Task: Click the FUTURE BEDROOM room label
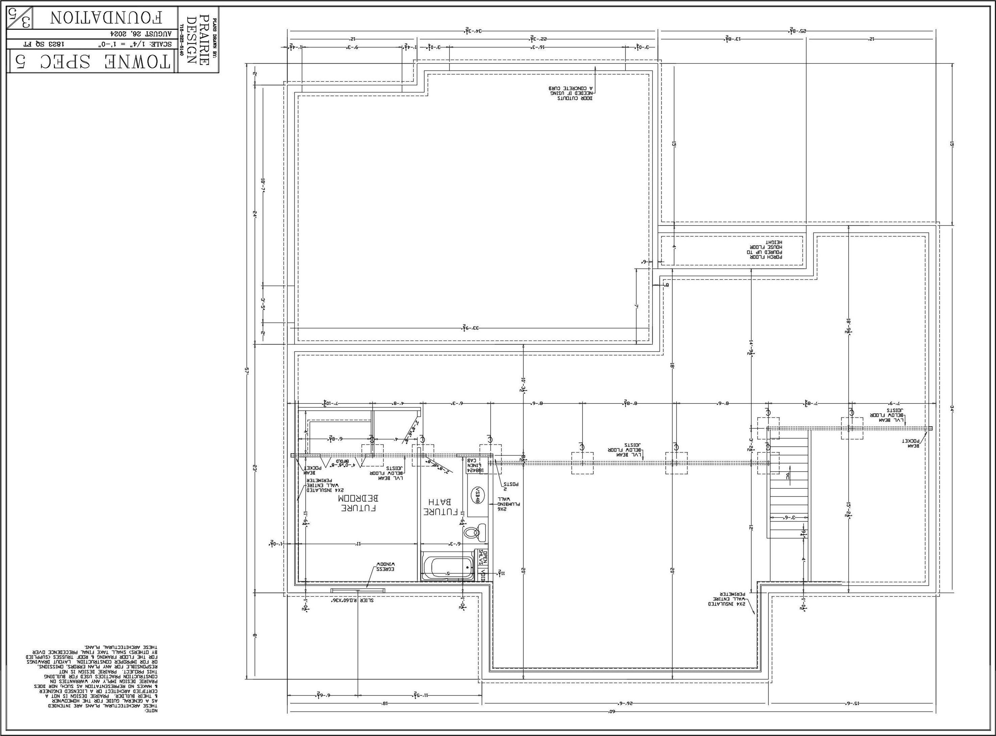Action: [x=359, y=503]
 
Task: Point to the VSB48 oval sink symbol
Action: [x=477, y=495]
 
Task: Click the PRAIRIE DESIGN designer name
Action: [x=197, y=40]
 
